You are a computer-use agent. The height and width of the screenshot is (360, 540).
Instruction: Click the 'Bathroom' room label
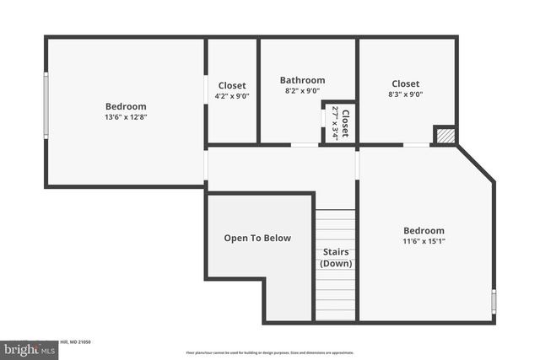click(302, 81)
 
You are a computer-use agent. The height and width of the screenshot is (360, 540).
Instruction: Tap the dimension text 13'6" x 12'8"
click(126, 117)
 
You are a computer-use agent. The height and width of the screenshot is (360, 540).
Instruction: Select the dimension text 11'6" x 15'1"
click(424, 241)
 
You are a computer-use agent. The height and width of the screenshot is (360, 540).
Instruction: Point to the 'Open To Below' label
click(257, 239)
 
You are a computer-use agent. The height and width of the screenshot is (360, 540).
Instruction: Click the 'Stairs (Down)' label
click(336, 258)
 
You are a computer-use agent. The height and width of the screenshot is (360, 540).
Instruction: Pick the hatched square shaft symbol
click(445, 136)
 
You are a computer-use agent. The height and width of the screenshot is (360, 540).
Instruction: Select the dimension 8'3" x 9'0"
click(406, 94)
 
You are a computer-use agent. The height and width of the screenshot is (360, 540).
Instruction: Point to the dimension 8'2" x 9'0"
click(302, 91)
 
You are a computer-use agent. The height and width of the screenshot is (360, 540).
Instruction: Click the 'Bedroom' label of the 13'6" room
click(126, 106)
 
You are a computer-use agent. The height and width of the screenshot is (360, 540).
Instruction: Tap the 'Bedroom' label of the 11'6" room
click(424, 230)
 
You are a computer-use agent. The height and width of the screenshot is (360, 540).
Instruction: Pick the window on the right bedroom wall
click(494, 300)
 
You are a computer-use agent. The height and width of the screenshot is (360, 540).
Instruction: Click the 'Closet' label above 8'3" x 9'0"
click(406, 83)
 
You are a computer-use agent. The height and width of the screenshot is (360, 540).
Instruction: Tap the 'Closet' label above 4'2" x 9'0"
click(232, 85)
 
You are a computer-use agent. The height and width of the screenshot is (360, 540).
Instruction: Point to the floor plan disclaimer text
click(270, 352)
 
